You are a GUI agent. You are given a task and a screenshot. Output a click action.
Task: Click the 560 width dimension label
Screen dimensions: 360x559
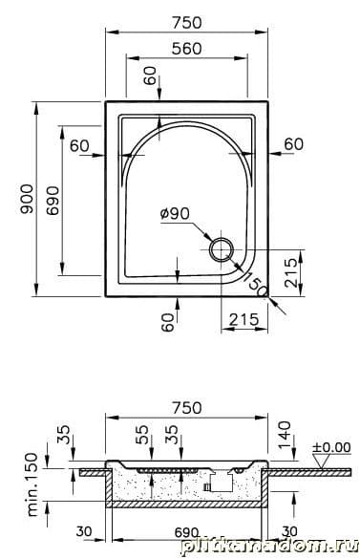(187, 49)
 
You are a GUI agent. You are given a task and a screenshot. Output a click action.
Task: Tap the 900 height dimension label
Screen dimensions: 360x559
(27, 199)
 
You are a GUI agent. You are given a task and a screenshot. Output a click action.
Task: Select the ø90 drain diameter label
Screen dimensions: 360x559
(175, 213)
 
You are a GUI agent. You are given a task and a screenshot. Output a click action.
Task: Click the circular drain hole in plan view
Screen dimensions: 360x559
(222, 249)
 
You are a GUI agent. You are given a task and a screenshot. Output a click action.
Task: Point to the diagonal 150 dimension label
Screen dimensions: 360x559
(255, 283)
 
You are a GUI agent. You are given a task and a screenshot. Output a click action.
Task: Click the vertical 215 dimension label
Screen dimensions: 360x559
(291, 272)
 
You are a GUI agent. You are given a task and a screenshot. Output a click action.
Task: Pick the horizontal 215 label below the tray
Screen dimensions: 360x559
(244, 319)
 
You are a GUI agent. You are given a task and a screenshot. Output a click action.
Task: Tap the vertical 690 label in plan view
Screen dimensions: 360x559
(53, 200)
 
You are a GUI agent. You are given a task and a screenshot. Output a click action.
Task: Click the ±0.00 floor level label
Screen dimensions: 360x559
(331, 447)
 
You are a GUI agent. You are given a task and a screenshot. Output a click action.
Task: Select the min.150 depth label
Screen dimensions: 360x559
(33, 484)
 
